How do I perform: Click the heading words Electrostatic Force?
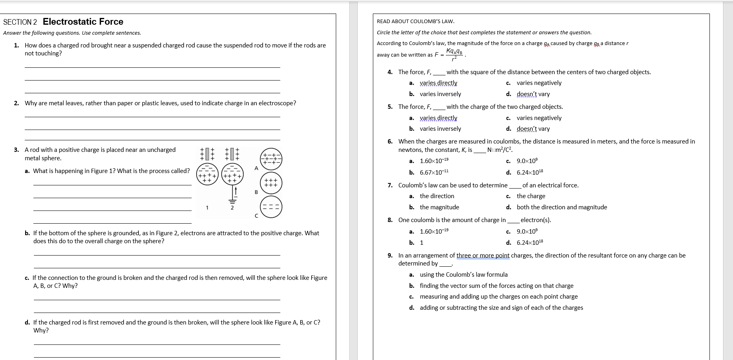pos(83,22)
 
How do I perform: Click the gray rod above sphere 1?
pos(207,154)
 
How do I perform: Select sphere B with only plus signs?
pos(271,183)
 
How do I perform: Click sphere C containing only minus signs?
pos(271,207)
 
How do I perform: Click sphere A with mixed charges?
pos(271,159)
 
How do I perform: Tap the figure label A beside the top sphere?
pos(256,168)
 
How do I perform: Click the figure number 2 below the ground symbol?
pos(232,208)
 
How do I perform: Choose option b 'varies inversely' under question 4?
pos(440,94)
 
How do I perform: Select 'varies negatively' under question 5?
pos(539,118)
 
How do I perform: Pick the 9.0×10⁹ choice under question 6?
pos(527,161)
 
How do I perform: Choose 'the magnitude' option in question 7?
pos(439,207)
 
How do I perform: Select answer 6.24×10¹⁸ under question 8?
pos(530,242)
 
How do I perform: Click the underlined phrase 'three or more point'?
pos(483,256)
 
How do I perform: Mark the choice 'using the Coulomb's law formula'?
pos(463,275)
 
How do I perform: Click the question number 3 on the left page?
pos(16,150)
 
